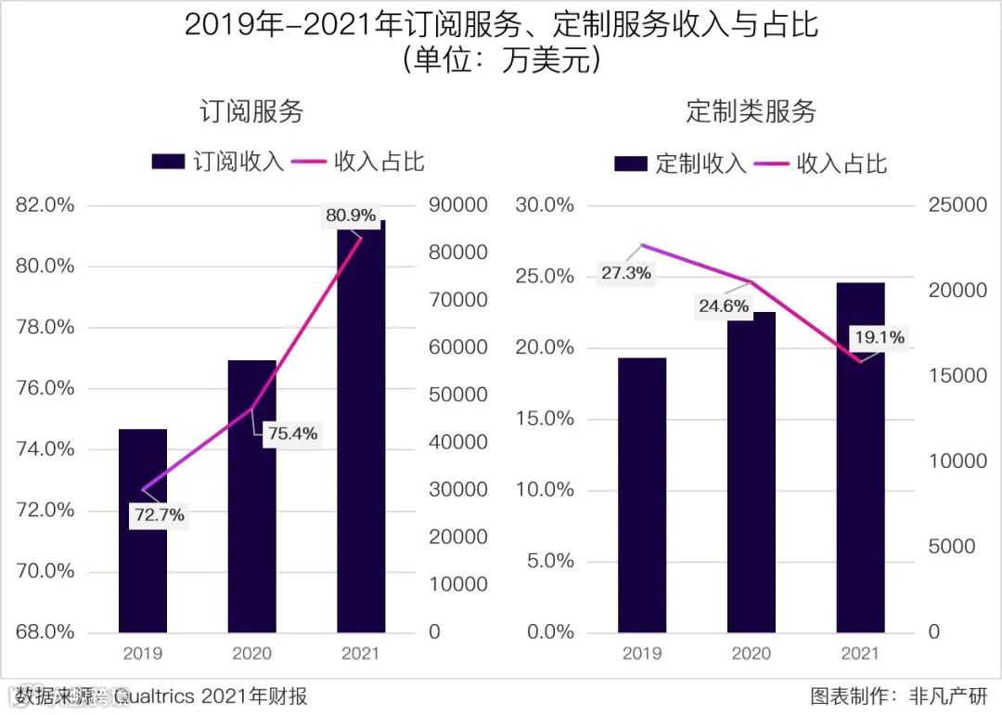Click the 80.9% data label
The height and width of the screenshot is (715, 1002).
click(x=351, y=216)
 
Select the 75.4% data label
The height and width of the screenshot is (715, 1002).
click(x=292, y=433)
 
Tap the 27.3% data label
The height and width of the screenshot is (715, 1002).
click(x=625, y=274)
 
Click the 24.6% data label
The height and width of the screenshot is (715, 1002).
click(x=724, y=305)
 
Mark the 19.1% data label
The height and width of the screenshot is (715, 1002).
click(x=880, y=338)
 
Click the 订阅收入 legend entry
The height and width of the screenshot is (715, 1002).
click(x=218, y=162)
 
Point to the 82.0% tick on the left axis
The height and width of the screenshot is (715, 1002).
click(x=45, y=205)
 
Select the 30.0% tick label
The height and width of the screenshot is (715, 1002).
click(x=545, y=205)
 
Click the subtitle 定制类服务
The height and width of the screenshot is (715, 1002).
click(x=751, y=111)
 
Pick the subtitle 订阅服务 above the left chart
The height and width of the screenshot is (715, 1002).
click(x=251, y=111)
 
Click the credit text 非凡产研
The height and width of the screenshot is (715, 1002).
click(x=950, y=695)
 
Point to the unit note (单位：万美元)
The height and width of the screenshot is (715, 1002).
click(x=501, y=61)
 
